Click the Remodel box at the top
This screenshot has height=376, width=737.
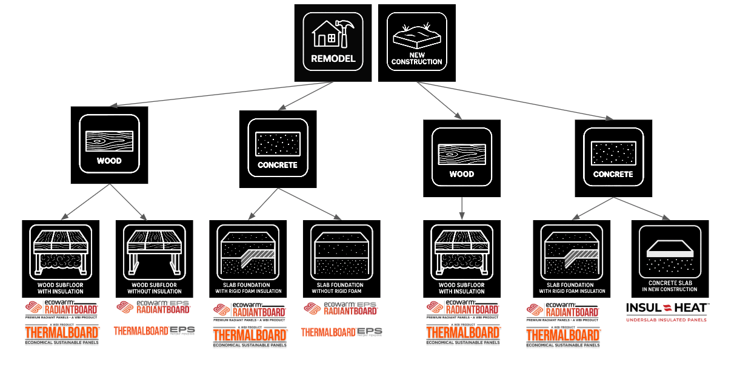[x=333, y=42]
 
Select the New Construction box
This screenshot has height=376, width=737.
[x=416, y=42]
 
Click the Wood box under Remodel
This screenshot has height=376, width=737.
[x=109, y=145]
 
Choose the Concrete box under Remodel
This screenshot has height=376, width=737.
[x=278, y=149]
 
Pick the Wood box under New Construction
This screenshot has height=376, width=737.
[x=462, y=158]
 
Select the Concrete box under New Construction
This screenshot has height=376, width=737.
[x=613, y=158]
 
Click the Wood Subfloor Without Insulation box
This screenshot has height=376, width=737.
[x=154, y=258]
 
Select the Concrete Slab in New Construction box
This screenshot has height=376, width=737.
[x=669, y=258]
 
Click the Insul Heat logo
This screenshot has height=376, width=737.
[x=667, y=311]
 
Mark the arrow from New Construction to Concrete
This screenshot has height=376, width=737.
[x=515, y=100]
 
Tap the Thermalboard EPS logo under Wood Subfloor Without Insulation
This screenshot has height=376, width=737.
[x=154, y=331]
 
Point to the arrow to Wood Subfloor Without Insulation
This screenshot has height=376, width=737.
[x=128, y=203]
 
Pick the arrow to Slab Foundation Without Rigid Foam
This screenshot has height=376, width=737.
[x=310, y=204]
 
